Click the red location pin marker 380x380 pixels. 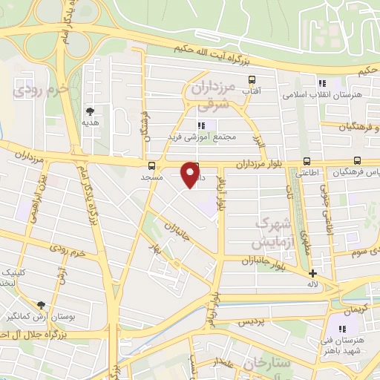coord(191,174)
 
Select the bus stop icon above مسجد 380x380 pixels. coord(151,166)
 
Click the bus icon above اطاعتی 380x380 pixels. coord(307,161)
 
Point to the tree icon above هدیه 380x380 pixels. coord(91,110)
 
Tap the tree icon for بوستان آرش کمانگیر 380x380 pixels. coord(41,304)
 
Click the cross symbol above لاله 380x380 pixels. coord(313,273)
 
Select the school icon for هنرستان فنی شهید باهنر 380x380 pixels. coord(342,329)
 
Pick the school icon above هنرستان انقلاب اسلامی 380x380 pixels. coord(321,83)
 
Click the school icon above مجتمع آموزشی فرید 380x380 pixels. coord(200,125)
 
